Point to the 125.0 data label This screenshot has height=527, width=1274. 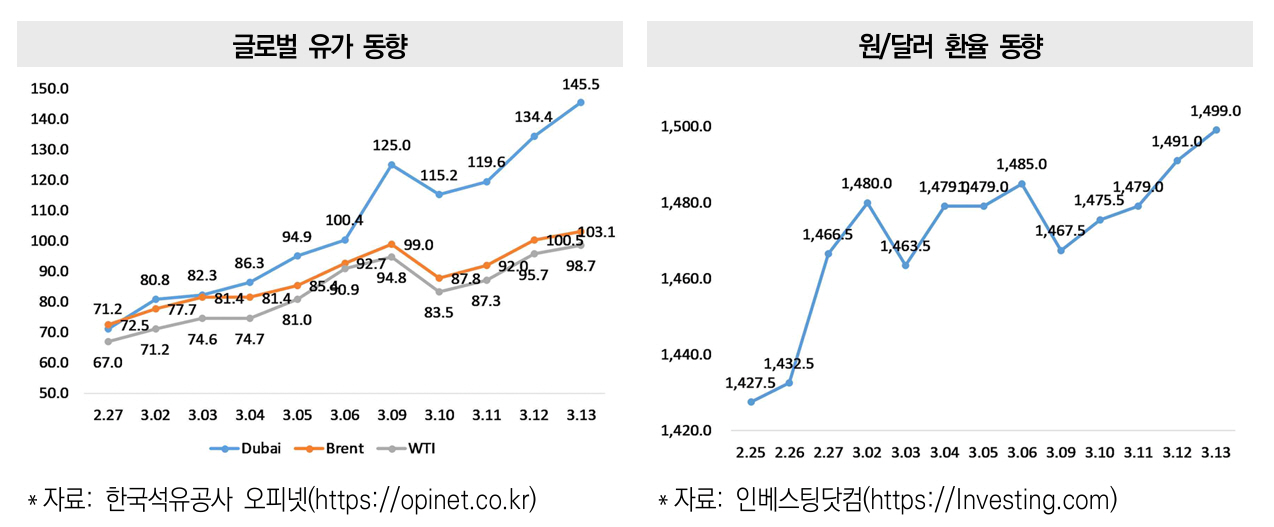click(391, 146)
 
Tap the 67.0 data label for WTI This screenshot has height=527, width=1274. click(107, 363)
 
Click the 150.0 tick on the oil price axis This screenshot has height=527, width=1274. click(50, 88)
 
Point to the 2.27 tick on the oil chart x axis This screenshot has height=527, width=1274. click(107, 415)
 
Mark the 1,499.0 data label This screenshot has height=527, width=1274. click(1216, 111)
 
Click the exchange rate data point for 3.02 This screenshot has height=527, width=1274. click(867, 203)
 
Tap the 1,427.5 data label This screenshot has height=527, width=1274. click(750, 382)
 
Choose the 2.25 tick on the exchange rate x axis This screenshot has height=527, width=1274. click(750, 453)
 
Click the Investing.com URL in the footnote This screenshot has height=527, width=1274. click(1009, 500)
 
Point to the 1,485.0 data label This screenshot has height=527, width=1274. click(1021, 164)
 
